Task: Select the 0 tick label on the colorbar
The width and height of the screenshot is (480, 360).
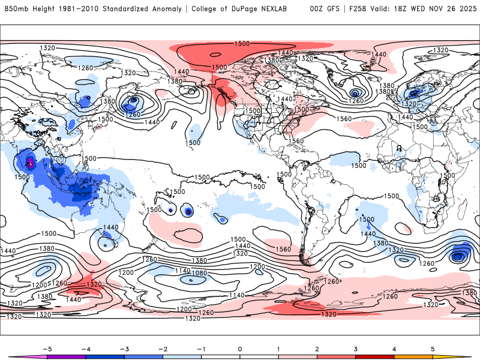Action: tap(240, 349)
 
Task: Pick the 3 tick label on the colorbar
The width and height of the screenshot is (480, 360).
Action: tap(355, 349)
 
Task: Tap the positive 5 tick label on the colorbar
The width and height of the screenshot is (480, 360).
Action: tap(433, 349)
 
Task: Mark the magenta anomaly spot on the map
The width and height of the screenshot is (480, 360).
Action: tap(30, 163)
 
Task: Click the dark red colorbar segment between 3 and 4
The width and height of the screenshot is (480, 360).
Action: tap(374, 356)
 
